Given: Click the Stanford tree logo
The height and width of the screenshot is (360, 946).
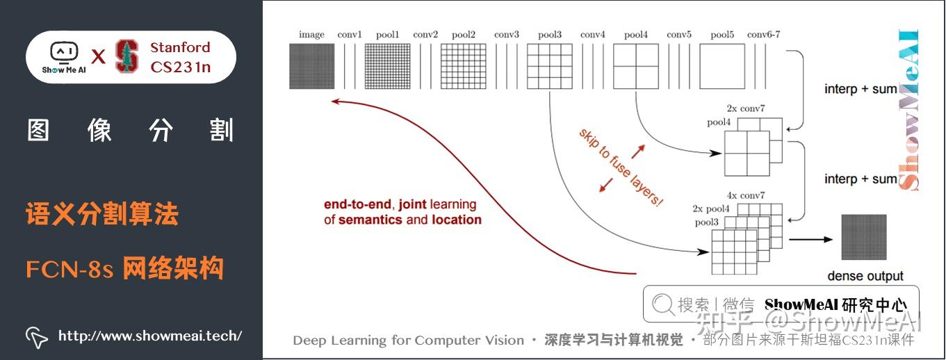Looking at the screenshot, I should pos(127,56).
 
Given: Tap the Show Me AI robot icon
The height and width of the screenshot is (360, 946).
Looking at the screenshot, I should pos(64,53).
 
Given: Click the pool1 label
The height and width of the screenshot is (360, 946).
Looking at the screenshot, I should pos(387,34).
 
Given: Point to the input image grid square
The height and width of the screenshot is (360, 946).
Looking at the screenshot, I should pos(311,66).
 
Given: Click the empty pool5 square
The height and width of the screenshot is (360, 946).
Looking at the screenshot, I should pos(722,66).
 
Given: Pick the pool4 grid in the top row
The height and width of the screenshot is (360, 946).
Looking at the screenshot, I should pos(636,66).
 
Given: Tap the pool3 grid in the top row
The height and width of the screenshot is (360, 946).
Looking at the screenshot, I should pos(549,66).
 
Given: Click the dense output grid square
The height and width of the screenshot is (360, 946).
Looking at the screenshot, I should pos(864,237).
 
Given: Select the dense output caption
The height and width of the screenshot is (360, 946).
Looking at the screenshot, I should pos(865,276).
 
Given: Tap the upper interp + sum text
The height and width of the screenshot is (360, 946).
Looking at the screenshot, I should pos(861,89).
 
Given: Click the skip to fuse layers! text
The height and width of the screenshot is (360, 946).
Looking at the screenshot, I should pos(621,167).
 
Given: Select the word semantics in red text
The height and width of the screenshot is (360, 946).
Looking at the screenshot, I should pos(370,220).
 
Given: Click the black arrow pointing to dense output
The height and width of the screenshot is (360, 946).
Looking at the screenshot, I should pos(810,240).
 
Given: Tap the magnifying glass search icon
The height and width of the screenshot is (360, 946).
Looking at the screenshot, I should pos(663,304).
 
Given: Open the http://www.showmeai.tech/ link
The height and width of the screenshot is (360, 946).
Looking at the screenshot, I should pos(150,336).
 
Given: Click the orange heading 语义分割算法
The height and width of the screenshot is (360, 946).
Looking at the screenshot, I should pos(102,214).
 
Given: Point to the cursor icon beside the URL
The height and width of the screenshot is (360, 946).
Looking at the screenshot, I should pos(36,337).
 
